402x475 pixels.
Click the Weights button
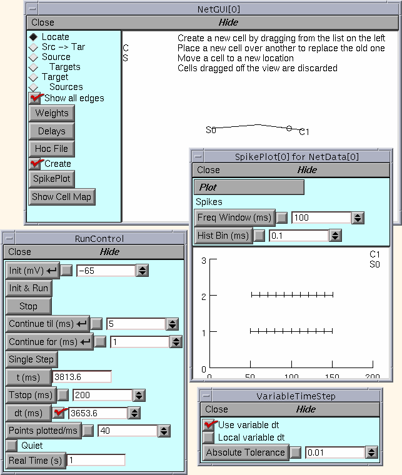(51, 113)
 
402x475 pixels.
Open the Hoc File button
(51, 149)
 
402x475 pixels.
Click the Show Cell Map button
(62, 197)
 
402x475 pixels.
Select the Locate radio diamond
(33, 37)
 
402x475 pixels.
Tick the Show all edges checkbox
(35, 98)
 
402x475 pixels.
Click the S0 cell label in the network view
(211, 130)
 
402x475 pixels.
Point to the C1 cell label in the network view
(304, 132)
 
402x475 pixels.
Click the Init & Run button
(29, 288)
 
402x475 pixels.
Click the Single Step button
(32, 359)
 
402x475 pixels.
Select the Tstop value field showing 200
(102, 396)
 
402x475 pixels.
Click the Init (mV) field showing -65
(105, 271)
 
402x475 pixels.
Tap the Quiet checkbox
(12, 446)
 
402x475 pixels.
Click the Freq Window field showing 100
(320, 218)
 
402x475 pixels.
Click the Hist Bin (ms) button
(223, 236)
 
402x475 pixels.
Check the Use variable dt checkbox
(209, 425)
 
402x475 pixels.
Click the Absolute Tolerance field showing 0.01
(334, 452)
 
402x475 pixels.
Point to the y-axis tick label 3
(204, 261)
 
